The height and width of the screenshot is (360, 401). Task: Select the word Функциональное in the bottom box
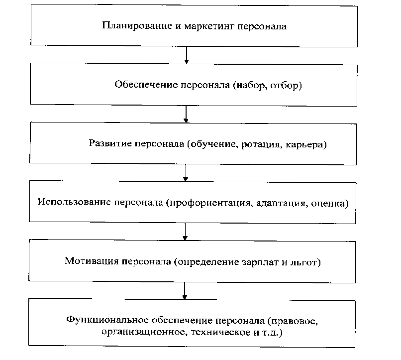point(100,319)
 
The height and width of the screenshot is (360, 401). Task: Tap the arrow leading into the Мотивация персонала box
point(186,232)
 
